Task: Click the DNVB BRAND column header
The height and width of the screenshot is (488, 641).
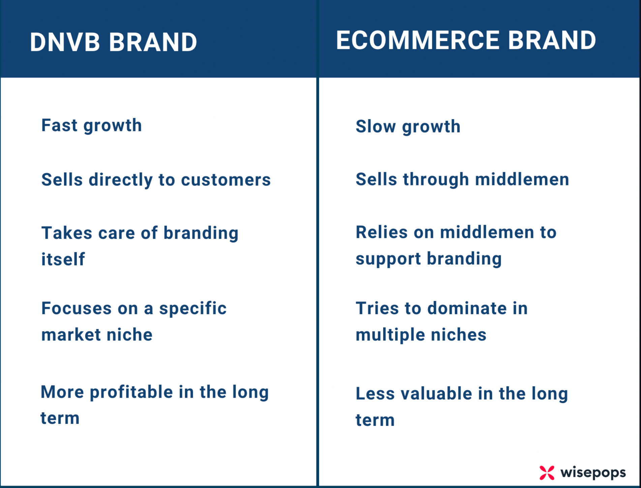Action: [113, 42]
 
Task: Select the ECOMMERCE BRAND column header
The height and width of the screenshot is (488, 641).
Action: [466, 40]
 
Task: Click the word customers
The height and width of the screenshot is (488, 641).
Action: [226, 180]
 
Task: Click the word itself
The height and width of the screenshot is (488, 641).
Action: [63, 259]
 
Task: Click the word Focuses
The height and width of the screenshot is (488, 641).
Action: [77, 308]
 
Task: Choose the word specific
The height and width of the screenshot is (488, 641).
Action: [193, 309]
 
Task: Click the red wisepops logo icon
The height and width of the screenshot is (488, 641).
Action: [547, 472]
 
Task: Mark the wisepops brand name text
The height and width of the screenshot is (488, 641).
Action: [593, 473]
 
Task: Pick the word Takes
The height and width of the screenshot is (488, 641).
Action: [67, 233]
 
